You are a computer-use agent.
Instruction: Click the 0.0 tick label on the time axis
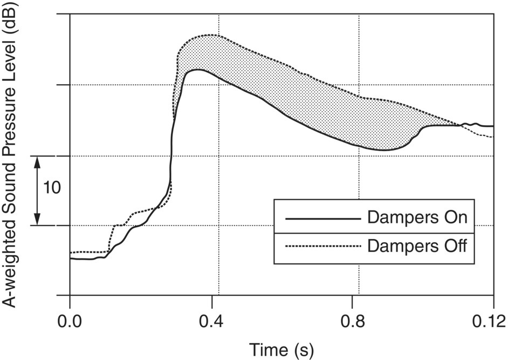click(70, 322)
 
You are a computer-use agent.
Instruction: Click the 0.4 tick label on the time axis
click(212, 322)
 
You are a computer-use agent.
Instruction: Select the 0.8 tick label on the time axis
click(352, 322)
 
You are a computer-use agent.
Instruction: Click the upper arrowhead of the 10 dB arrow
click(37, 160)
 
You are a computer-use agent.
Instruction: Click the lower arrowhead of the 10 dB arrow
click(37, 221)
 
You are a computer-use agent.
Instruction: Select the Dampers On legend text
click(416, 219)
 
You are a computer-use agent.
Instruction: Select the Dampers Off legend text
click(416, 246)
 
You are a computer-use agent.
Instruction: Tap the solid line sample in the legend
click(322, 219)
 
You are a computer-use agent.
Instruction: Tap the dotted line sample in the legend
click(322, 246)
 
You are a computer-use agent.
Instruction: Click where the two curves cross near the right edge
click(462, 126)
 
